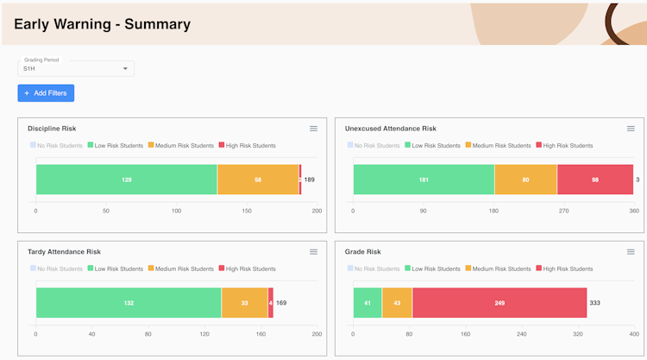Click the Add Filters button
pyautogui.click(x=46, y=93)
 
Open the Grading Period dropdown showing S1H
pyautogui.click(x=76, y=68)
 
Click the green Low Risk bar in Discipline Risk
pyautogui.click(x=126, y=180)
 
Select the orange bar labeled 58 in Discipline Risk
pyautogui.click(x=258, y=180)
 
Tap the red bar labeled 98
pyautogui.click(x=595, y=180)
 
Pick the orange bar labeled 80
pyautogui.click(x=525, y=180)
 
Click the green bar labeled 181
pyautogui.click(x=424, y=180)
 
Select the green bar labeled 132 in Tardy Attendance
pyautogui.click(x=128, y=303)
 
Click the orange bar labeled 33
pyautogui.click(x=244, y=303)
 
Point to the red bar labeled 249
pyautogui.click(x=499, y=303)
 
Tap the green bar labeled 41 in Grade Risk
pyautogui.click(x=367, y=303)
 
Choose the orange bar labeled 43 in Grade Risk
pyautogui.click(x=397, y=303)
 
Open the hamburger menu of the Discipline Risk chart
pyautogui.click(x=314, y=129)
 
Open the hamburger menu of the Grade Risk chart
pyautogui.click(x=631, y=252)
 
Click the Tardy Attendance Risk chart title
pyautogui.click(x=64, y=252)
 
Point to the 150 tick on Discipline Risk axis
pyautogui.click(x=247, y=211)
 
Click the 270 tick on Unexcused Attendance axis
pyautogui.click(x=564, y=211)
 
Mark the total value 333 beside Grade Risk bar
pyautogui.click(x=595, y=303)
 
